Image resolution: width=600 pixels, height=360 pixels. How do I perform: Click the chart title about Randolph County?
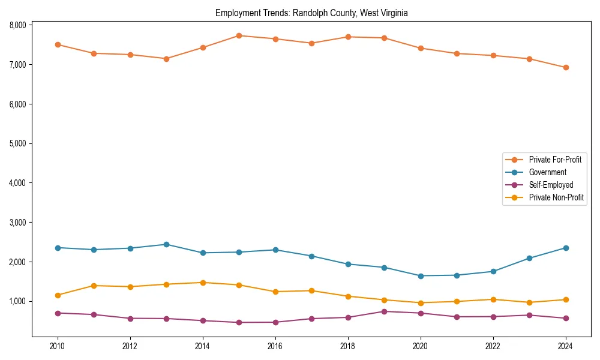click(311, 13)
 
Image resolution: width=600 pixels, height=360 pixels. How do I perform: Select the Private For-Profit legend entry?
click(555, 160)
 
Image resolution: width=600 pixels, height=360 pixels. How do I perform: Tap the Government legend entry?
click(547, 172)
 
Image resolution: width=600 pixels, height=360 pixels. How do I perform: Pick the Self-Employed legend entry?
click(551, 185)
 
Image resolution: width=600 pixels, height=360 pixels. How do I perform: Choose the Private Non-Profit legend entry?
click(556, 197)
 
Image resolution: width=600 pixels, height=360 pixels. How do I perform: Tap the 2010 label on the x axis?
click(58, 346)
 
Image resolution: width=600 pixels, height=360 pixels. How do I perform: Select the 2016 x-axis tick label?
click(275, 346)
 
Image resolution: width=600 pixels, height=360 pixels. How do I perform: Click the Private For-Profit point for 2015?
click(239, 35)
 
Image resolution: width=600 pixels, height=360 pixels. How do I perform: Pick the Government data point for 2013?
click(166, 244)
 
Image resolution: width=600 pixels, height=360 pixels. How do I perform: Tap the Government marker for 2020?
click(421, 276)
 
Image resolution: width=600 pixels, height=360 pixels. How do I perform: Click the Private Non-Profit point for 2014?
click(203, 283)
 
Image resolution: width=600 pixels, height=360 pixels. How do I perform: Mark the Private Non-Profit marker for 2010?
click(58, 295)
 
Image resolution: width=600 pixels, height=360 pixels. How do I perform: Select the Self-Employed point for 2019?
click(384, 311)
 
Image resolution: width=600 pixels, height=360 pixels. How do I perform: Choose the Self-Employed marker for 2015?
click(239, 322)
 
